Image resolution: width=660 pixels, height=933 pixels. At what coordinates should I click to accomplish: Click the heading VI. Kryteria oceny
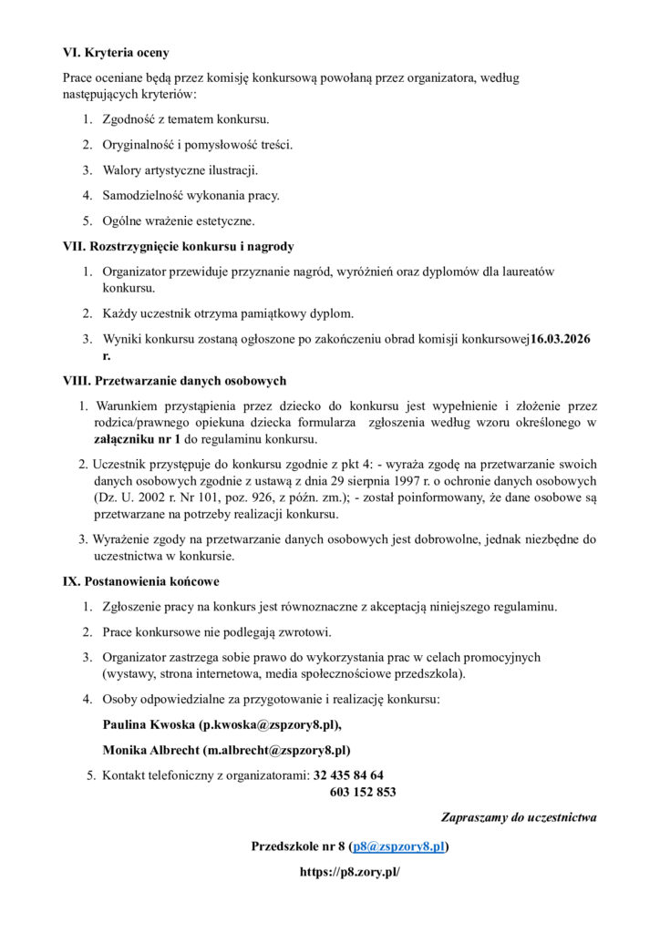point(115,53)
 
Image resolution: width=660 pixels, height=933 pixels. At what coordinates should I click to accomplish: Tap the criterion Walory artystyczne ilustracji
point(180,170)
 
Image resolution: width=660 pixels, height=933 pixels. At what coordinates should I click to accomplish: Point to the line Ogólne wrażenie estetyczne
point(179,220)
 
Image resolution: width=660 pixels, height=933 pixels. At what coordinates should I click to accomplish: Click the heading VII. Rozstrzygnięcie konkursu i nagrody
point(178,246)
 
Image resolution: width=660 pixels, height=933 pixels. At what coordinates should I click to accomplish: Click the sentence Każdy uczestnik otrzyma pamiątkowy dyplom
point(228,313)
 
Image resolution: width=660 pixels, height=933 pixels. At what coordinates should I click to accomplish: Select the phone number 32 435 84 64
point(348,775)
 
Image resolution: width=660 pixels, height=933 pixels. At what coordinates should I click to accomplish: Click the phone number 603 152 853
point(362,792)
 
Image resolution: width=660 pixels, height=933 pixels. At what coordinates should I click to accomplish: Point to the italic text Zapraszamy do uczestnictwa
point(519,817)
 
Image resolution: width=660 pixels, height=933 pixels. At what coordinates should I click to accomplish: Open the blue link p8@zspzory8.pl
point(397,846)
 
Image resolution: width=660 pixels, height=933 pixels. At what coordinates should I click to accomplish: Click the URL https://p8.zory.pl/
point(350,872)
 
